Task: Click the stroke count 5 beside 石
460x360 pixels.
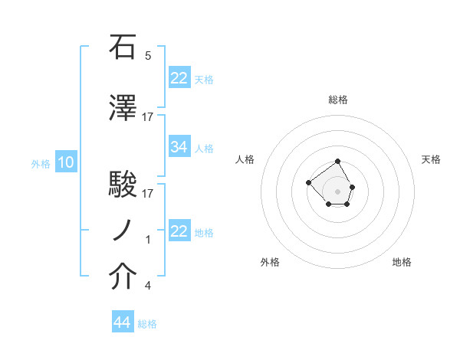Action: pyautogui.click(x=148, y=56)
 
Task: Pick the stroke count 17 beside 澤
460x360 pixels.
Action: pyautogui.click(x=148, y=117)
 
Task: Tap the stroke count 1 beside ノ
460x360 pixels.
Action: pyautogui.click(x=148, y=240)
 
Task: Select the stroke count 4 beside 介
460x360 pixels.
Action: pyautogui.click(x=148, y=286)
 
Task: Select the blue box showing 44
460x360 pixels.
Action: pyautogui.click(x=123, y=322)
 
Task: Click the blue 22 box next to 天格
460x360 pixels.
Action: pyautogui.click(x=179, y=77)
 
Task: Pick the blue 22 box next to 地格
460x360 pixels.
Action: pyautogui.click(x=179, y=231)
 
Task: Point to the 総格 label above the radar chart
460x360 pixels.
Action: pyautogui.click(x=338, y=100)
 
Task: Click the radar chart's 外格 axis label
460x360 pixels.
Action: pyautogui.click(x=270, y=262)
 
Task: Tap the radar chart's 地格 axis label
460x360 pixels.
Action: pyautogui.click(x=402, y=262)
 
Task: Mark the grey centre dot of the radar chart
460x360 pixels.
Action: pyautogui.click(x=337, y=191)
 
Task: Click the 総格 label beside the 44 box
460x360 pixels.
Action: pyautogui.click(x=147, y=324)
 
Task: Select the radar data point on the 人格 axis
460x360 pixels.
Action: pyautogui.click(x=308, y=182)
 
